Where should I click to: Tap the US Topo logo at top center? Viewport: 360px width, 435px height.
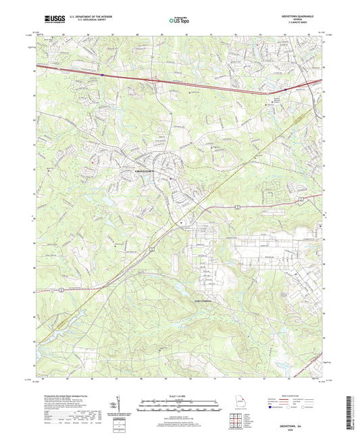point(174,22)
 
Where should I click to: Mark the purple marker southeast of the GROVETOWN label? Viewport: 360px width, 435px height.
point(171,179)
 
